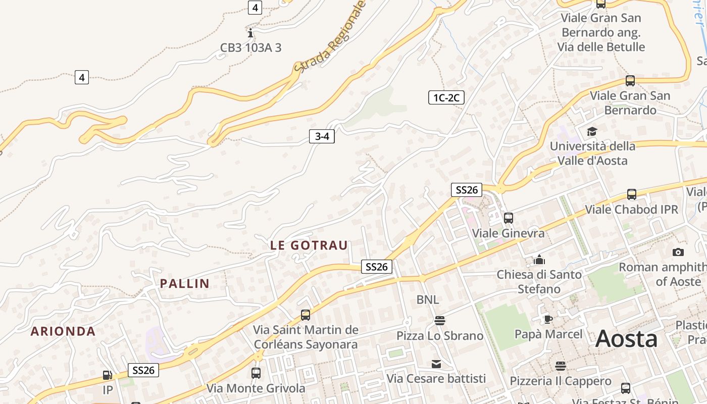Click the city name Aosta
626,339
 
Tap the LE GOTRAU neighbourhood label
309,246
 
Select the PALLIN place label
185,284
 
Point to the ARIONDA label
63,331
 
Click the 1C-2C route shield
446,97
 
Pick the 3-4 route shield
322,136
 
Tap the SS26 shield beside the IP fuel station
143,370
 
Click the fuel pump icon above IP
107,375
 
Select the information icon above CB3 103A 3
250,33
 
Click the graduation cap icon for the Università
591,132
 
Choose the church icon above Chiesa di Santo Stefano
539,260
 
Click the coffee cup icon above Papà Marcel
548,319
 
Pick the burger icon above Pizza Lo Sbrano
439,321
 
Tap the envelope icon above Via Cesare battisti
436,364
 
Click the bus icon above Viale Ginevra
508,218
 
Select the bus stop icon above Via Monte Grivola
256,373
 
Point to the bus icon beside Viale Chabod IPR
631,194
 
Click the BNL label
428,300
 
